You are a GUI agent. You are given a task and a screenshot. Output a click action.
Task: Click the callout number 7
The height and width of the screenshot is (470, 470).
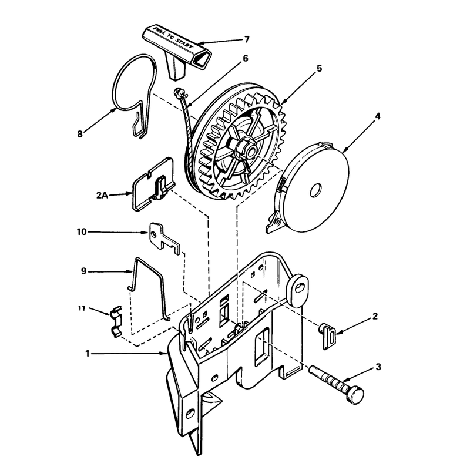[247, 39]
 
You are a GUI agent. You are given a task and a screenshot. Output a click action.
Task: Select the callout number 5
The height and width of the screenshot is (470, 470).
[319, 68]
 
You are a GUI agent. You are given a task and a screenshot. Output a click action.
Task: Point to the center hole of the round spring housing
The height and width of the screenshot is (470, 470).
[315, 190]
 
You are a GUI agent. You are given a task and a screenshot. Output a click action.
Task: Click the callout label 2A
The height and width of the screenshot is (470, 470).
[102, 196]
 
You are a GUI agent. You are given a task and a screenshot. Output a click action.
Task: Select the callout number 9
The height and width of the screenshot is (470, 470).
[83, 271]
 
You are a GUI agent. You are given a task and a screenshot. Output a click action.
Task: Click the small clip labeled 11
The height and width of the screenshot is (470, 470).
[116, 321]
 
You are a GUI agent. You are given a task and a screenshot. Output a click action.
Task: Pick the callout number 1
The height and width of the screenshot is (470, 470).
[87, 354]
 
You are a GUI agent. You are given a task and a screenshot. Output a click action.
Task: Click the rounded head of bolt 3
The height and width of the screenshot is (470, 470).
[355, 395]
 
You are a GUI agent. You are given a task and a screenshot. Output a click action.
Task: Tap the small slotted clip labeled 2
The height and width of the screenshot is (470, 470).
[328, 335]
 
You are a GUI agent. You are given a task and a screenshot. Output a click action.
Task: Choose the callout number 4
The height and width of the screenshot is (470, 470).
[378, 116]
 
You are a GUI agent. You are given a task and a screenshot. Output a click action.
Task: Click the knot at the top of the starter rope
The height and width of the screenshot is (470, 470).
[179, 93]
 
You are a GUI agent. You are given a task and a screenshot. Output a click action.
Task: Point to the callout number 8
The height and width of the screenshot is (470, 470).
[80, 134]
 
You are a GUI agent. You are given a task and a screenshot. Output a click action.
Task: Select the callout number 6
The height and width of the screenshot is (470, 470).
[245, 58]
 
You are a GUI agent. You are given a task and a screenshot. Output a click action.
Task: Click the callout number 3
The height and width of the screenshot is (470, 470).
[378, 367]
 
